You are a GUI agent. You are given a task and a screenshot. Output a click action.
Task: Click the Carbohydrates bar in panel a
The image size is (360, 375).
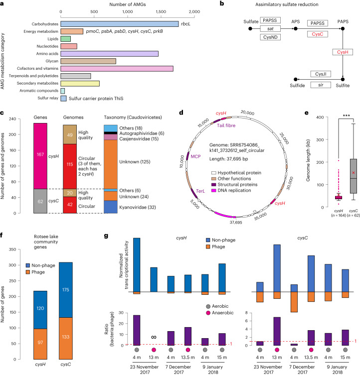119,24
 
